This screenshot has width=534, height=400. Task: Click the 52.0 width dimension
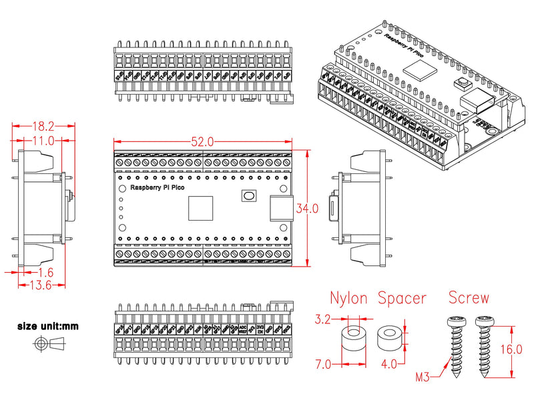click(202, 142)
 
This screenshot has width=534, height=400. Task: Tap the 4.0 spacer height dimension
click(390, 365)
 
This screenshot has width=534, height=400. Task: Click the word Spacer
click(402, 298)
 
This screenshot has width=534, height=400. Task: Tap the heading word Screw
click(469, 298)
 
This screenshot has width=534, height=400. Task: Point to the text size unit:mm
click(48, 327)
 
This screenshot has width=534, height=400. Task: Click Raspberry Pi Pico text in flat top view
click(158, 188)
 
